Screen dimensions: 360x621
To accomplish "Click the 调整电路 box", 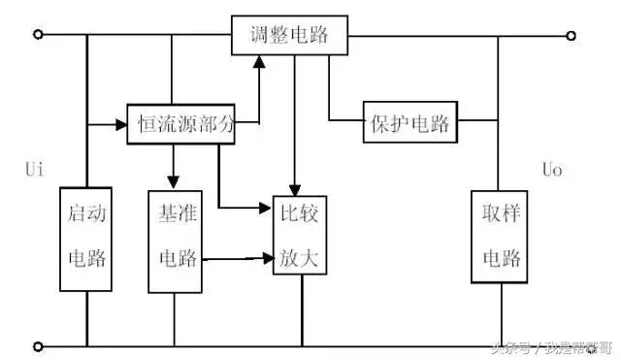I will point(288,35).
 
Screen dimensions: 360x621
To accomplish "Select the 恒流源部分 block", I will point(181,124).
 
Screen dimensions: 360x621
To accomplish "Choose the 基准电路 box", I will point(175,237).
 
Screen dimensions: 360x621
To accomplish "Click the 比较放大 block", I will point(302,237).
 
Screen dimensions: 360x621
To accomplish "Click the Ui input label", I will point(34,170).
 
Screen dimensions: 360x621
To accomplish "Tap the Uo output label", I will point(552,170).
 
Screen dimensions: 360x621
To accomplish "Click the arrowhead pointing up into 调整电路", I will point(259,62).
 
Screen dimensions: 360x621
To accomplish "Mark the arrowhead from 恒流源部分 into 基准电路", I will point(174,180).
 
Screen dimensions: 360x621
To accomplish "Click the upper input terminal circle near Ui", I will point(38,36).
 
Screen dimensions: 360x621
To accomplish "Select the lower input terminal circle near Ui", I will point(38,344).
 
